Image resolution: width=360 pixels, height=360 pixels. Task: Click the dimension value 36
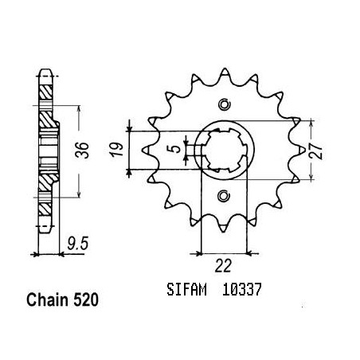point(82,151)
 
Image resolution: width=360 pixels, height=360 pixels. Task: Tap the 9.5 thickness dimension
point(77,244)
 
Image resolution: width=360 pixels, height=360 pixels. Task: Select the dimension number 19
point(117,150)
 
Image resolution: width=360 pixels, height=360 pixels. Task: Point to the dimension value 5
point(176,149)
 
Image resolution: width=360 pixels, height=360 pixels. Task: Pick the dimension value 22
point(223,266)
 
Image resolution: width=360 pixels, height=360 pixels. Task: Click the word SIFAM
point(186,289)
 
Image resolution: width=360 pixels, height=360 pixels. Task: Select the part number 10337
point(241,289)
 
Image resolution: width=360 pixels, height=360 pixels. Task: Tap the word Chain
point(47,300)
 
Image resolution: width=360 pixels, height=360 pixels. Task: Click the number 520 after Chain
point(85,300)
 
